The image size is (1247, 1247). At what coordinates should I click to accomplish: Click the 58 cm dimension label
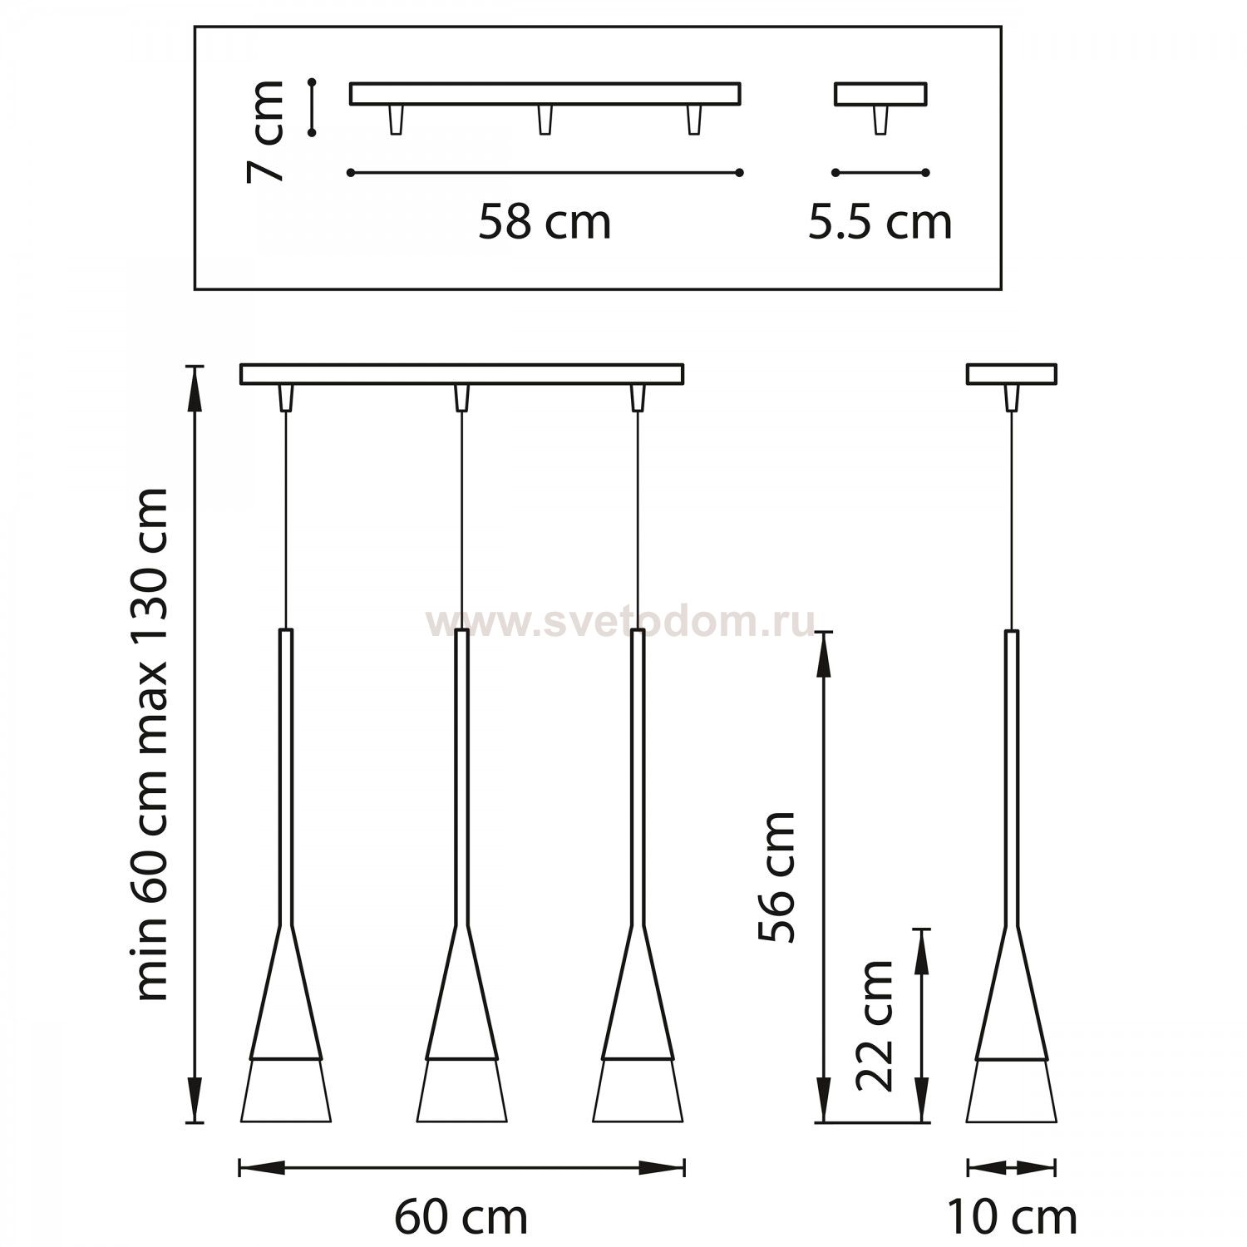pyautogui.click(x=545, y=222)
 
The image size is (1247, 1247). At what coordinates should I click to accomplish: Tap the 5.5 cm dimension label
pyautogui.click(x=880, y=222)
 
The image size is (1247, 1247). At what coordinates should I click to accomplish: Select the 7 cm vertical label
pyautogui.click(x=265, y=131)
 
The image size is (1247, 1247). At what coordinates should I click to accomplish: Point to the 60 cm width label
pyautogui.click(x=461, y=1217)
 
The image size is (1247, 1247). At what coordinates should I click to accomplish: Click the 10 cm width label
pyautogui.click(x=1012, y=1217)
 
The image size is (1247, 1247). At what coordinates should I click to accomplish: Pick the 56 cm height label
pyautogui.click(x=777, y=877)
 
